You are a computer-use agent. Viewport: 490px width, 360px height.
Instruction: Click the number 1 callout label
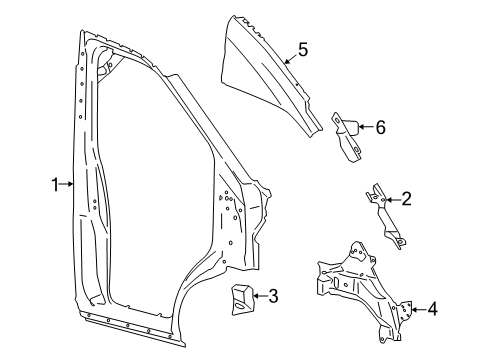[x=55, y=183]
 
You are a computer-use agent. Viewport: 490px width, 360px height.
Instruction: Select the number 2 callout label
[x=406, y=200]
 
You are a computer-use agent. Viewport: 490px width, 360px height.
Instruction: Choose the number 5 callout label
[x=302, y=48]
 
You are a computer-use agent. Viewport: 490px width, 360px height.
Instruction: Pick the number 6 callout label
[x=379, y=126]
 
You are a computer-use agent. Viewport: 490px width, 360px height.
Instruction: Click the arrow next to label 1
[x=68, y=183]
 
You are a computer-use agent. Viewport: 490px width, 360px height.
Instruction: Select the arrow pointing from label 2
[x=392, y=200]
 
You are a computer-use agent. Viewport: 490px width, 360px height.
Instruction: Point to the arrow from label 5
[x=289, y=58]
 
